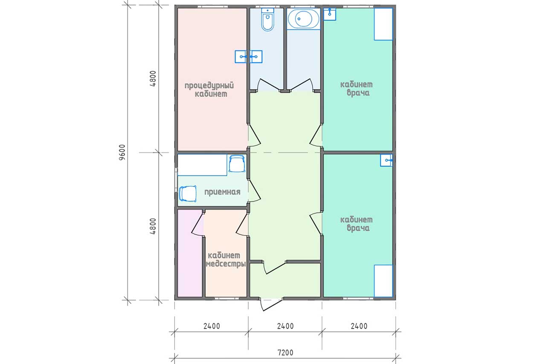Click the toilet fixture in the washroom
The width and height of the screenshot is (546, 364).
coord(267,20)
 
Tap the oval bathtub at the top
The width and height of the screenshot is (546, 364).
coord(303,18)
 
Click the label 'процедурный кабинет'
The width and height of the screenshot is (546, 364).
coord(209,90)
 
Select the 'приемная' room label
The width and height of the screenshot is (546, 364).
coord(222,192)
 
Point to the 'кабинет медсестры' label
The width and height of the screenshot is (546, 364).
coord(226,259)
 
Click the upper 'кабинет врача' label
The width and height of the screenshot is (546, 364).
coord(356,89)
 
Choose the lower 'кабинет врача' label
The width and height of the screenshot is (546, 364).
coord(356,224)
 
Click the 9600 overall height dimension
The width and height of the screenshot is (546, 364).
coord(122,152)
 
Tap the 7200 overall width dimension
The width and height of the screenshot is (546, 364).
coord(285,352)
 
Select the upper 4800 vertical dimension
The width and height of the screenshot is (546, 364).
coord(153,79)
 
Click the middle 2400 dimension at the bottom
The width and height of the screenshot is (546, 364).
coord(285,326)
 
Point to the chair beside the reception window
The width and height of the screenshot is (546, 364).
coord(188,194)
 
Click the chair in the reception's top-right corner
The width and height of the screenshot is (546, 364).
coord(237,163)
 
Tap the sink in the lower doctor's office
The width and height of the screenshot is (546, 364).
coord(386,160)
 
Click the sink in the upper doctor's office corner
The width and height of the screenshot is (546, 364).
coord(330,14)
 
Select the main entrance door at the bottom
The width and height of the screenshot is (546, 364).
coord(272,304)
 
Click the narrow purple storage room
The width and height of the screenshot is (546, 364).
coord(190,253)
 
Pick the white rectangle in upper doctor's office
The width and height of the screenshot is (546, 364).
coord(383,24)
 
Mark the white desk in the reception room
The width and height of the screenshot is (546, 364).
coord(202,165)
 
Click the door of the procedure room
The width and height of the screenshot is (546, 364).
coord(255,136)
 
